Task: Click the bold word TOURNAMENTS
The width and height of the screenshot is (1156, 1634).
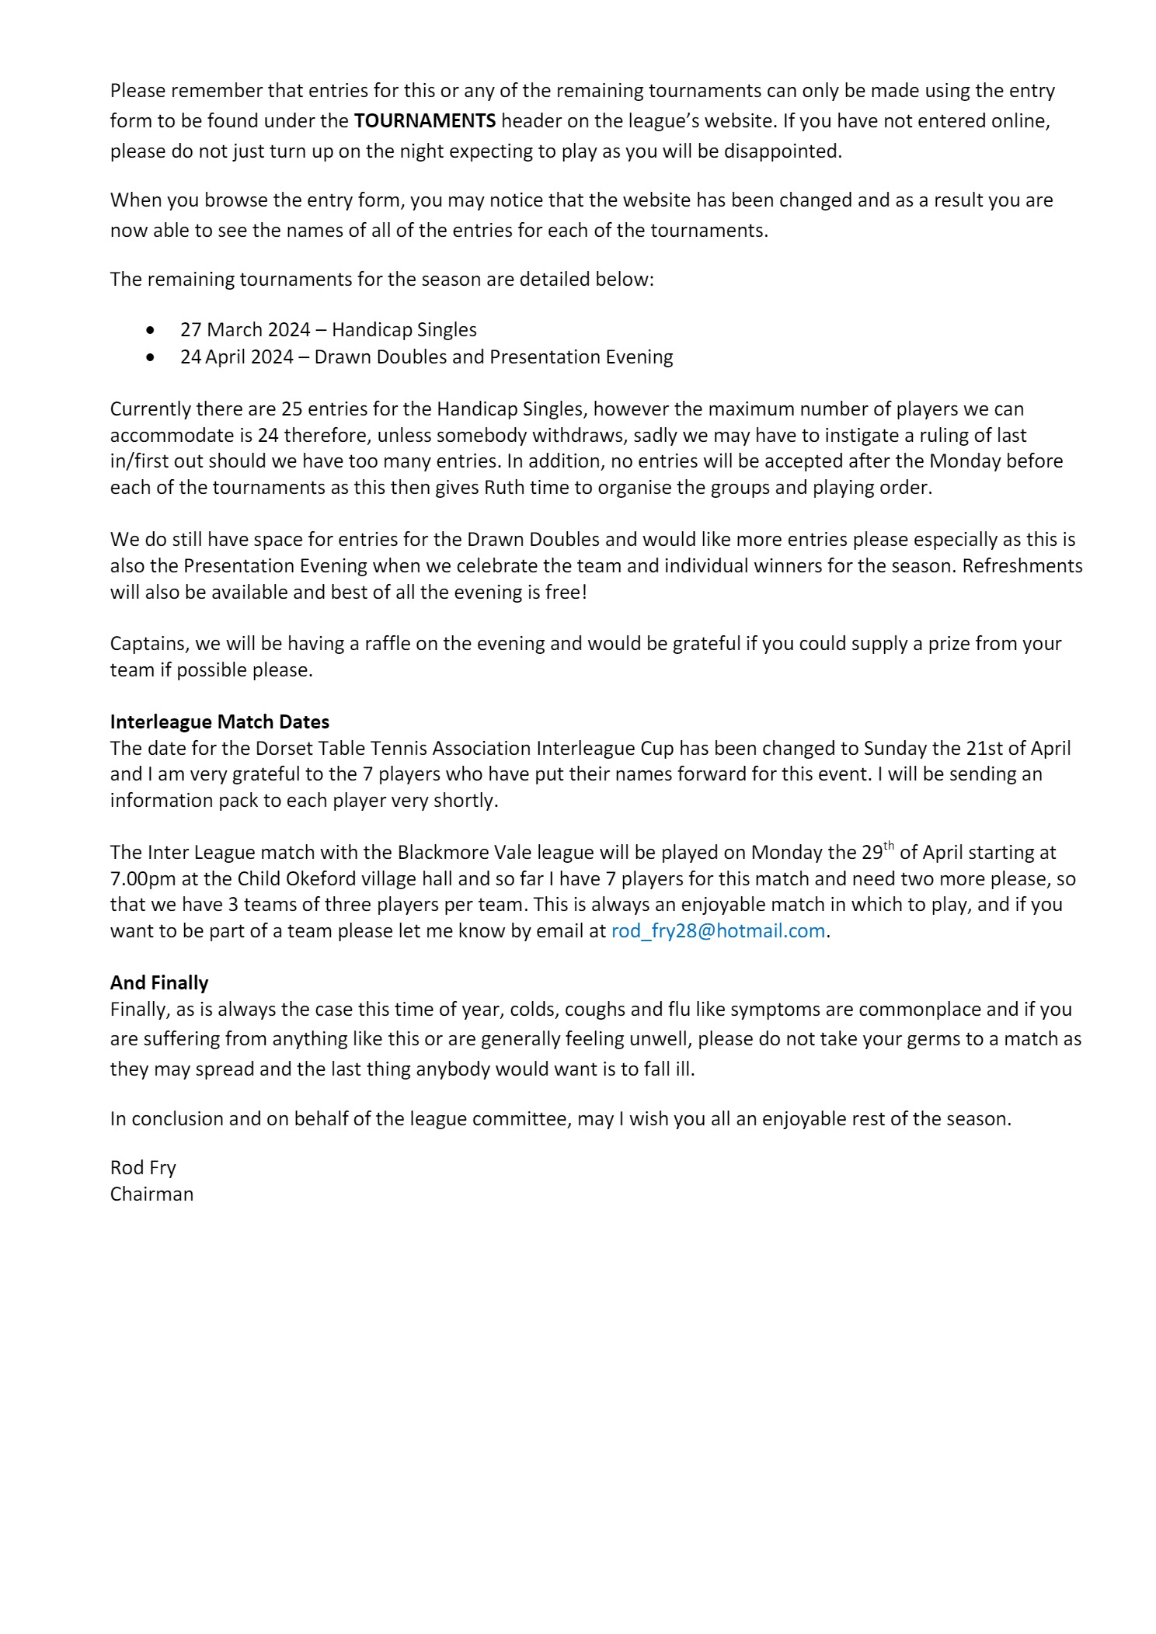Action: pyautogui.click(x=424, y=121)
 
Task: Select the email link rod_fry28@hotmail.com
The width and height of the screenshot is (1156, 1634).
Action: pyautogui.click(x=717, y=930)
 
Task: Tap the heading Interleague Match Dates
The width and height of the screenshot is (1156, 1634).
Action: pyautogui.click(x=220, y=721)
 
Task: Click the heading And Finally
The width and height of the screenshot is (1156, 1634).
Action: pyautogui.click(x=159, y=982)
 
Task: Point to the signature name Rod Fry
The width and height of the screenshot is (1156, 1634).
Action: pyautogui.click(x=143, y=1167)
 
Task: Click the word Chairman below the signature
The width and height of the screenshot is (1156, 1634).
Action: pyautogui.click(x=151, y=1194)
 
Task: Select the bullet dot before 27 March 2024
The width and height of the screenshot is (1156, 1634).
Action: pyautogui.click(x=150, y=330)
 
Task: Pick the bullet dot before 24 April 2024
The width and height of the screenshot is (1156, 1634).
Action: pyautogui.click(x=150, y=357)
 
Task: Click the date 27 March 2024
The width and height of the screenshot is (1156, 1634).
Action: pyautogui.click(x=245, y=330)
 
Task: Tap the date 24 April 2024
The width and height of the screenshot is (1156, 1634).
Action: pyautogui.click(x=237, y=357)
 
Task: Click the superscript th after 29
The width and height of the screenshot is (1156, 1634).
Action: pyautogui.click(x=888, y=847)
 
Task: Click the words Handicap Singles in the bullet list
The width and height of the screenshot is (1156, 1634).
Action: pyautogui.click(x=404, y=330)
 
